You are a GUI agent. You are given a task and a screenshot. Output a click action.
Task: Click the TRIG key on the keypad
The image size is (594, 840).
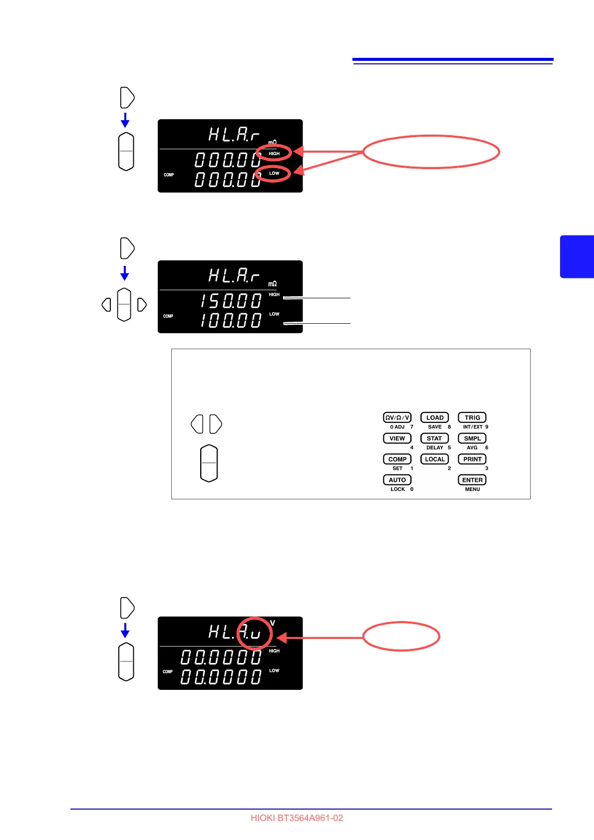(x=472, y=418)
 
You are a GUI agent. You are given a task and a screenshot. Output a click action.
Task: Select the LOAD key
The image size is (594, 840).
(x=434, y=418)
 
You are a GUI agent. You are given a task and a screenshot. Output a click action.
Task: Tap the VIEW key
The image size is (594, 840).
(x=397, y=438)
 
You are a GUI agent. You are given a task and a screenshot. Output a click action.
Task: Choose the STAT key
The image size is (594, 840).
(x=434, y=438)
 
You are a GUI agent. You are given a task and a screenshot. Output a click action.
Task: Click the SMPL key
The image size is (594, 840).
(x=472, y=438)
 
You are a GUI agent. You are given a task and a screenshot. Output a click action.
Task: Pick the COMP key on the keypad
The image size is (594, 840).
(x=397, y=459)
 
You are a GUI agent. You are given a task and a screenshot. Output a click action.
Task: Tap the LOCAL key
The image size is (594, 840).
(x=434, y=459)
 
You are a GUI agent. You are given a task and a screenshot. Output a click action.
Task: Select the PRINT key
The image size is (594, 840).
(x=472, y=459)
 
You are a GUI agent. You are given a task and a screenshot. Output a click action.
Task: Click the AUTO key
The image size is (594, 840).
(x=397, y=480)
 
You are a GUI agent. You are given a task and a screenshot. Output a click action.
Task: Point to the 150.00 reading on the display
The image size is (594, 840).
(x=231, y=301)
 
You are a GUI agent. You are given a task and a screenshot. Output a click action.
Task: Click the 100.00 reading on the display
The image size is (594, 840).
(x=231, y=320)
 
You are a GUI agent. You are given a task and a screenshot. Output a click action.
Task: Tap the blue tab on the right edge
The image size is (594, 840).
(x=577, y=256)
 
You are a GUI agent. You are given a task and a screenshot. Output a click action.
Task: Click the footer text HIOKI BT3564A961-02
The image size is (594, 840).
(x=297, y=818)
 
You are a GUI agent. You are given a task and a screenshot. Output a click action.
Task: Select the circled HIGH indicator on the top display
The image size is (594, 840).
(x=274, y=153)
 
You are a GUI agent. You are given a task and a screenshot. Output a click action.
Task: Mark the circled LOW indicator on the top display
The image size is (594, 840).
(x=274, y=174)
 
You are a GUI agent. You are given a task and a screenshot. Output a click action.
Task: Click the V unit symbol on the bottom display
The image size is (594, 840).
(x=273, y=623)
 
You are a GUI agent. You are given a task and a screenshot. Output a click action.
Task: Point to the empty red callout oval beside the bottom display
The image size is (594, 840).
(x=401, y=636)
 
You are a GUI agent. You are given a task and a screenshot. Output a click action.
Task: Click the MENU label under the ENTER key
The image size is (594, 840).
(x=472, y=489)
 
